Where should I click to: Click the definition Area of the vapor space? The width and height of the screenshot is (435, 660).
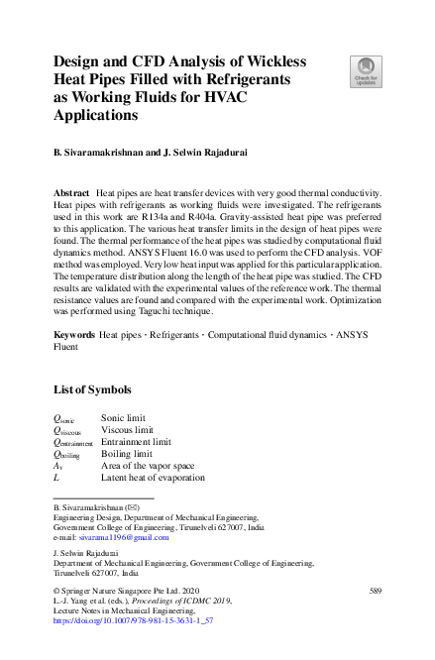point(152,466)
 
